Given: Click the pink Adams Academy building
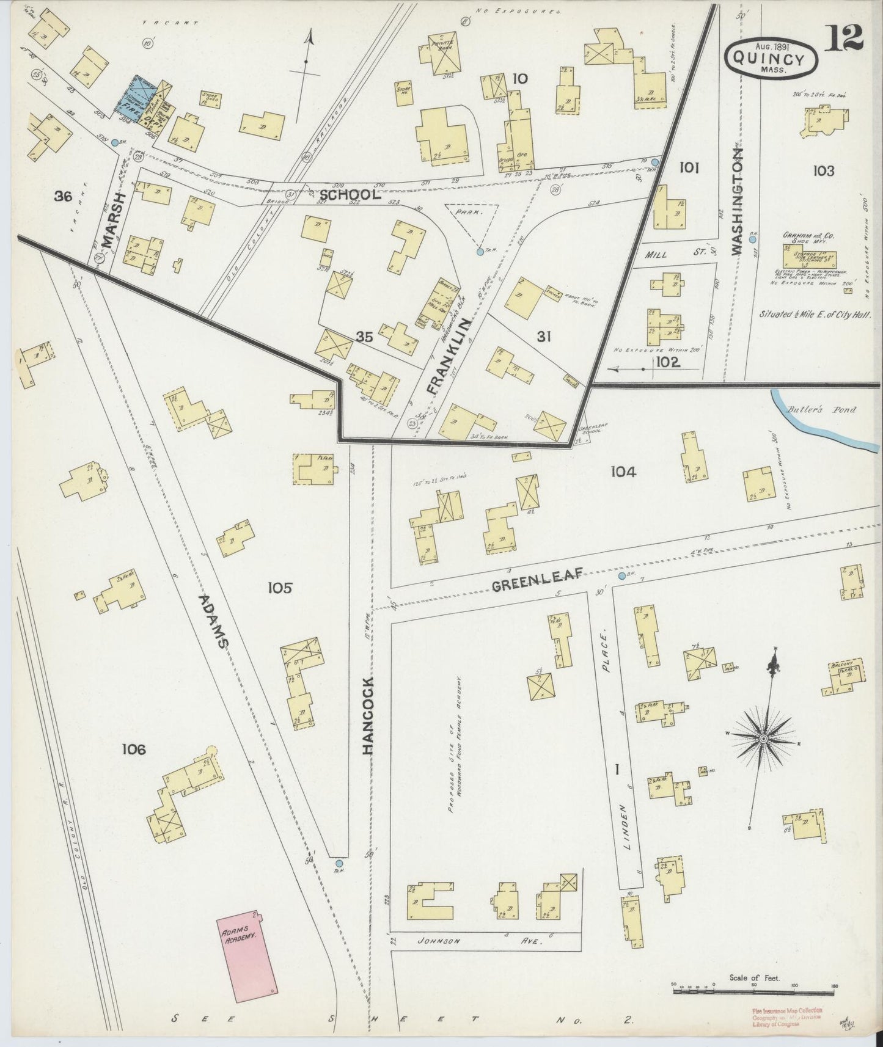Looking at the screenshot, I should (x=247, y=956).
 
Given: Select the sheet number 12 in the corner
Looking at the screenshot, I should (x=846, y=38).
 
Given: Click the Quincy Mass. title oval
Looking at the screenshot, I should (x=772, y=60).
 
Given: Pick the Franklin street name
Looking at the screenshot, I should (x=449, y=355).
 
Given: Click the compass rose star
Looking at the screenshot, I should (x=763, y=740).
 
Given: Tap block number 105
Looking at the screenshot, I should (x=280, y=588).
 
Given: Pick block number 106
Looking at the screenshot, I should (x=133, y=749).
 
